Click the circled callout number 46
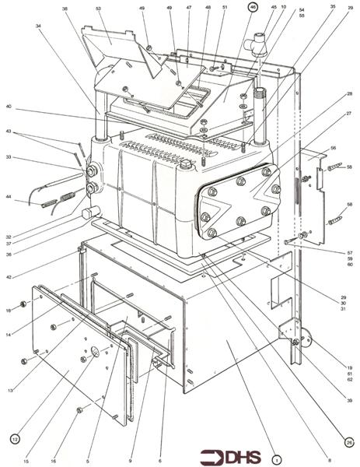(253, 6)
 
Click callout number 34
(37, 26)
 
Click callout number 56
(334, 147)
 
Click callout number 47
(188, 7)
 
